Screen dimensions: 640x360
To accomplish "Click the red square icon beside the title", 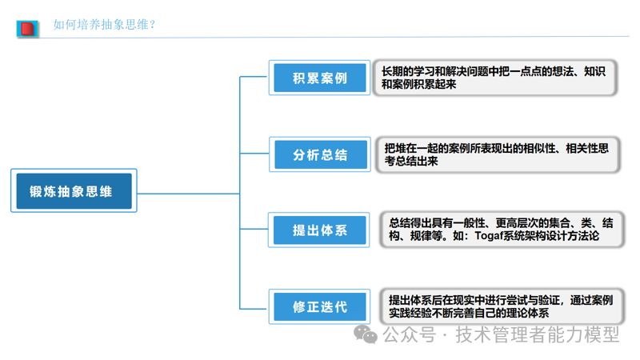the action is [28, 28].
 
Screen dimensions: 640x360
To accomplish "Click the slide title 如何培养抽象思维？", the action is [104, 25].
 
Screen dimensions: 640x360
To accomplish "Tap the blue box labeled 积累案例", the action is [319, 78].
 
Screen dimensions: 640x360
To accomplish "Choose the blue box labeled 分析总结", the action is [319, 154].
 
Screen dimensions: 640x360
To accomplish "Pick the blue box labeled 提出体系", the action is [319, 230].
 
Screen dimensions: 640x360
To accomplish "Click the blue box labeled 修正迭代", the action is [319, 306].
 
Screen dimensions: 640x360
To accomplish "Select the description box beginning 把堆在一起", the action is [498, 154].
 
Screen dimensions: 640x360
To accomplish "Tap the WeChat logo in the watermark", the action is [366, 334].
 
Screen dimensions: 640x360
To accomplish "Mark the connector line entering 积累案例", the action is [254, 78].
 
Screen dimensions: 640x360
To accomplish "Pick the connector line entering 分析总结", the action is [254, 154].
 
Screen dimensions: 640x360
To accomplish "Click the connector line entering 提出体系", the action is [254, 230].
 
